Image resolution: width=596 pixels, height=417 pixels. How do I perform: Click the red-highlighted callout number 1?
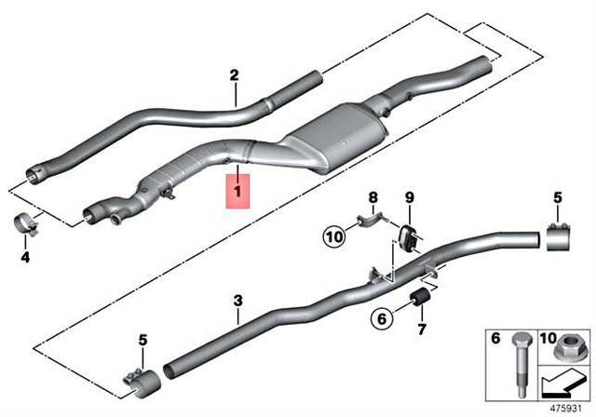tap(238, 191)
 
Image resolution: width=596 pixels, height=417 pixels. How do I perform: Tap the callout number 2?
tap(234, 75)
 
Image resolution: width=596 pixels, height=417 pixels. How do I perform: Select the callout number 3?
tap(237, 302)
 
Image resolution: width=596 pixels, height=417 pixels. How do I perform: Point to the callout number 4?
tap(25, 258)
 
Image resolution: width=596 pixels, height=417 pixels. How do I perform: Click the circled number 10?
tap(334, 237)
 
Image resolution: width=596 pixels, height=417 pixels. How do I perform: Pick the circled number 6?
tap(382, 318)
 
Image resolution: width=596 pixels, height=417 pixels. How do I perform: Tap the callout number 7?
tap(422, 329)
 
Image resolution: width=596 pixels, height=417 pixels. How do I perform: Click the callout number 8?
tap(373, 197)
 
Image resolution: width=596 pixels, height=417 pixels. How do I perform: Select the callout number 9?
tap(409, 197)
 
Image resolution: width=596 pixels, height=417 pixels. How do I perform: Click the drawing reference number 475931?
tap(565, 409)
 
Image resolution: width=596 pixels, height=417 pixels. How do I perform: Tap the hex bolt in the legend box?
tap(520, 364)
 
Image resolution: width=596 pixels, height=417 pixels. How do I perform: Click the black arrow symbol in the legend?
tap(563, 384)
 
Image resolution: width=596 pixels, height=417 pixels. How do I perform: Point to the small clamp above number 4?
tap(26, 224)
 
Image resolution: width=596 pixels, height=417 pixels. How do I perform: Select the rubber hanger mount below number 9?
tap(408, 235)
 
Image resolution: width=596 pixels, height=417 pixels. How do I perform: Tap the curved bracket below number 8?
tap(371, 222)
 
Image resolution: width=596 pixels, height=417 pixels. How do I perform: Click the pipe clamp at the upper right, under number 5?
tap(559, 237)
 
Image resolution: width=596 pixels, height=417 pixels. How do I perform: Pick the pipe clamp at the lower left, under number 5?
tap(141, 381)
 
